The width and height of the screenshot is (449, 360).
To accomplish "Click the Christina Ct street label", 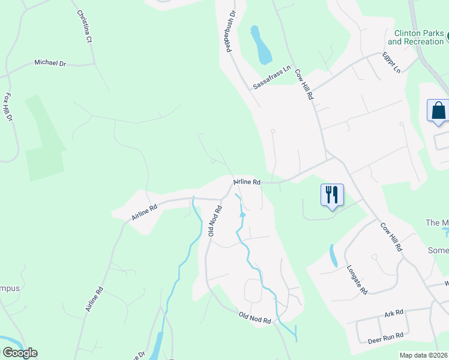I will coord(83,26).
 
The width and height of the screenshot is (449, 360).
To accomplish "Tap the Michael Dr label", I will coord(50,62).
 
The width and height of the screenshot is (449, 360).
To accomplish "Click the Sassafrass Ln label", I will coord(271,77).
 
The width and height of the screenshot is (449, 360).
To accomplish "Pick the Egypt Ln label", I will coord(391,62).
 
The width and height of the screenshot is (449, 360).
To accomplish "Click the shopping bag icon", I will coord(438,111).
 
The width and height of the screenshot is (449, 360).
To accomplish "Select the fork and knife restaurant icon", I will coord(332,194).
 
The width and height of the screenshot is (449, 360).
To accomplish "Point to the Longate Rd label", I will coord(357,280).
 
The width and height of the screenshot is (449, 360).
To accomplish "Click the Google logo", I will coord(20,353).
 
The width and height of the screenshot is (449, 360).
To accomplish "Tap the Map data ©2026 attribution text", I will coord(423,355).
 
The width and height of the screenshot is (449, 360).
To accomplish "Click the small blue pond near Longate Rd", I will coord(333,256).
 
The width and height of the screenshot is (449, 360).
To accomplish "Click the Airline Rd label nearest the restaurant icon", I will coord(247,181).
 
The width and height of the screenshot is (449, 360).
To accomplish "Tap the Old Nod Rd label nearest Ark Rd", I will coord(255,317).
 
